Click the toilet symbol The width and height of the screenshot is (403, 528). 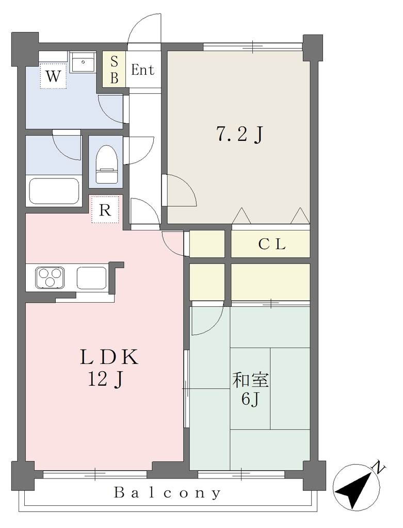coord(106,164)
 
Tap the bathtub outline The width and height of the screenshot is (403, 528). coord(54,191)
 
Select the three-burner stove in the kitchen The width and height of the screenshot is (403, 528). coord(50,277)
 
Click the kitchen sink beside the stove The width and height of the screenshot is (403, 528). coord(91,277)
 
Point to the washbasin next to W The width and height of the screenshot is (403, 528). coord(83,62)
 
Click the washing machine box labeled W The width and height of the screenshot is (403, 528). coord(53,76)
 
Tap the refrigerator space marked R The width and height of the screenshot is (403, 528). coord(105,210)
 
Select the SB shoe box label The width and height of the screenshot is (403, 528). coord(114,70)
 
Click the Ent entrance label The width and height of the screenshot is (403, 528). coord(143,70)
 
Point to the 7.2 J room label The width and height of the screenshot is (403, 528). coord(239,135)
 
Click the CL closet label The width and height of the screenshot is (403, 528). coord(272,244)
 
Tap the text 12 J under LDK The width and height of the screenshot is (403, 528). coord(105,379)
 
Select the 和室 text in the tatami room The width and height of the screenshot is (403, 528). coord(251,381)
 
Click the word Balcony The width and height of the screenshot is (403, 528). coord(168,492)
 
